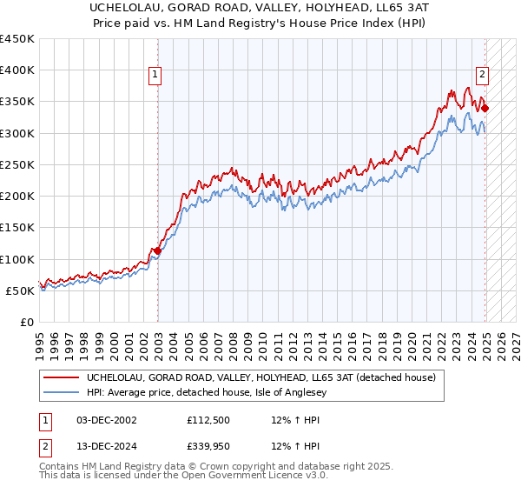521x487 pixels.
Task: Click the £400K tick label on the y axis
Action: click(x=17, y=70)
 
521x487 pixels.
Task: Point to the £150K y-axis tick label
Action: click(x=17, y=227)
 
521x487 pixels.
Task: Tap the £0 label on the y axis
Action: click(x=27, y=322)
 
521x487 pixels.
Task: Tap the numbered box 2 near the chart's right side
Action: click(x=482, y=75)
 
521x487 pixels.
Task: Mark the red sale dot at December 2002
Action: click(x=157, y=251)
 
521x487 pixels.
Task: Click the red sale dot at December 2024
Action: click(x=485, y=109)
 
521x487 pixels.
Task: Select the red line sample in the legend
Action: click(x=62, y=377)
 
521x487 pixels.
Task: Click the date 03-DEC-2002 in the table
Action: click(x=107, y=419)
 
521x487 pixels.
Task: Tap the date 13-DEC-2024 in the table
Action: click(x=107, y=447)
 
